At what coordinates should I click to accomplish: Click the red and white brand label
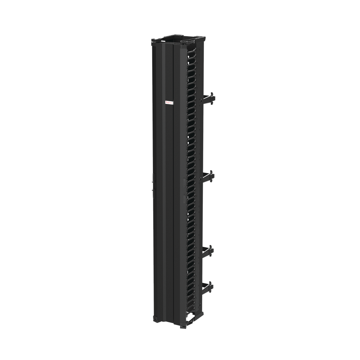click(x=169, y=103)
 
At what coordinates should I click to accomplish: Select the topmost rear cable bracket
click(x=208, y=99)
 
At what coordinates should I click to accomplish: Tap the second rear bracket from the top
click(x=208, y=176)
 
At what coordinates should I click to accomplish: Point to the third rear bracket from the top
click(x=207, y=251)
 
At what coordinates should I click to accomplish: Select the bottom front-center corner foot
click(x=183, y=325)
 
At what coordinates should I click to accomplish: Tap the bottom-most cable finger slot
click(x=191, y=309)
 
